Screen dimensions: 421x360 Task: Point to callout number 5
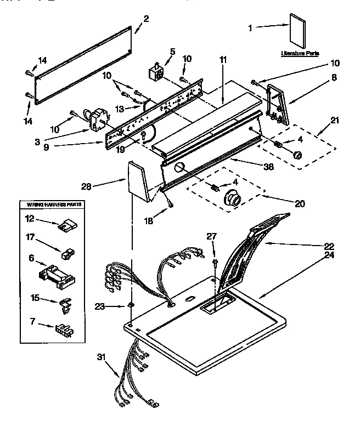point(172,52)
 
